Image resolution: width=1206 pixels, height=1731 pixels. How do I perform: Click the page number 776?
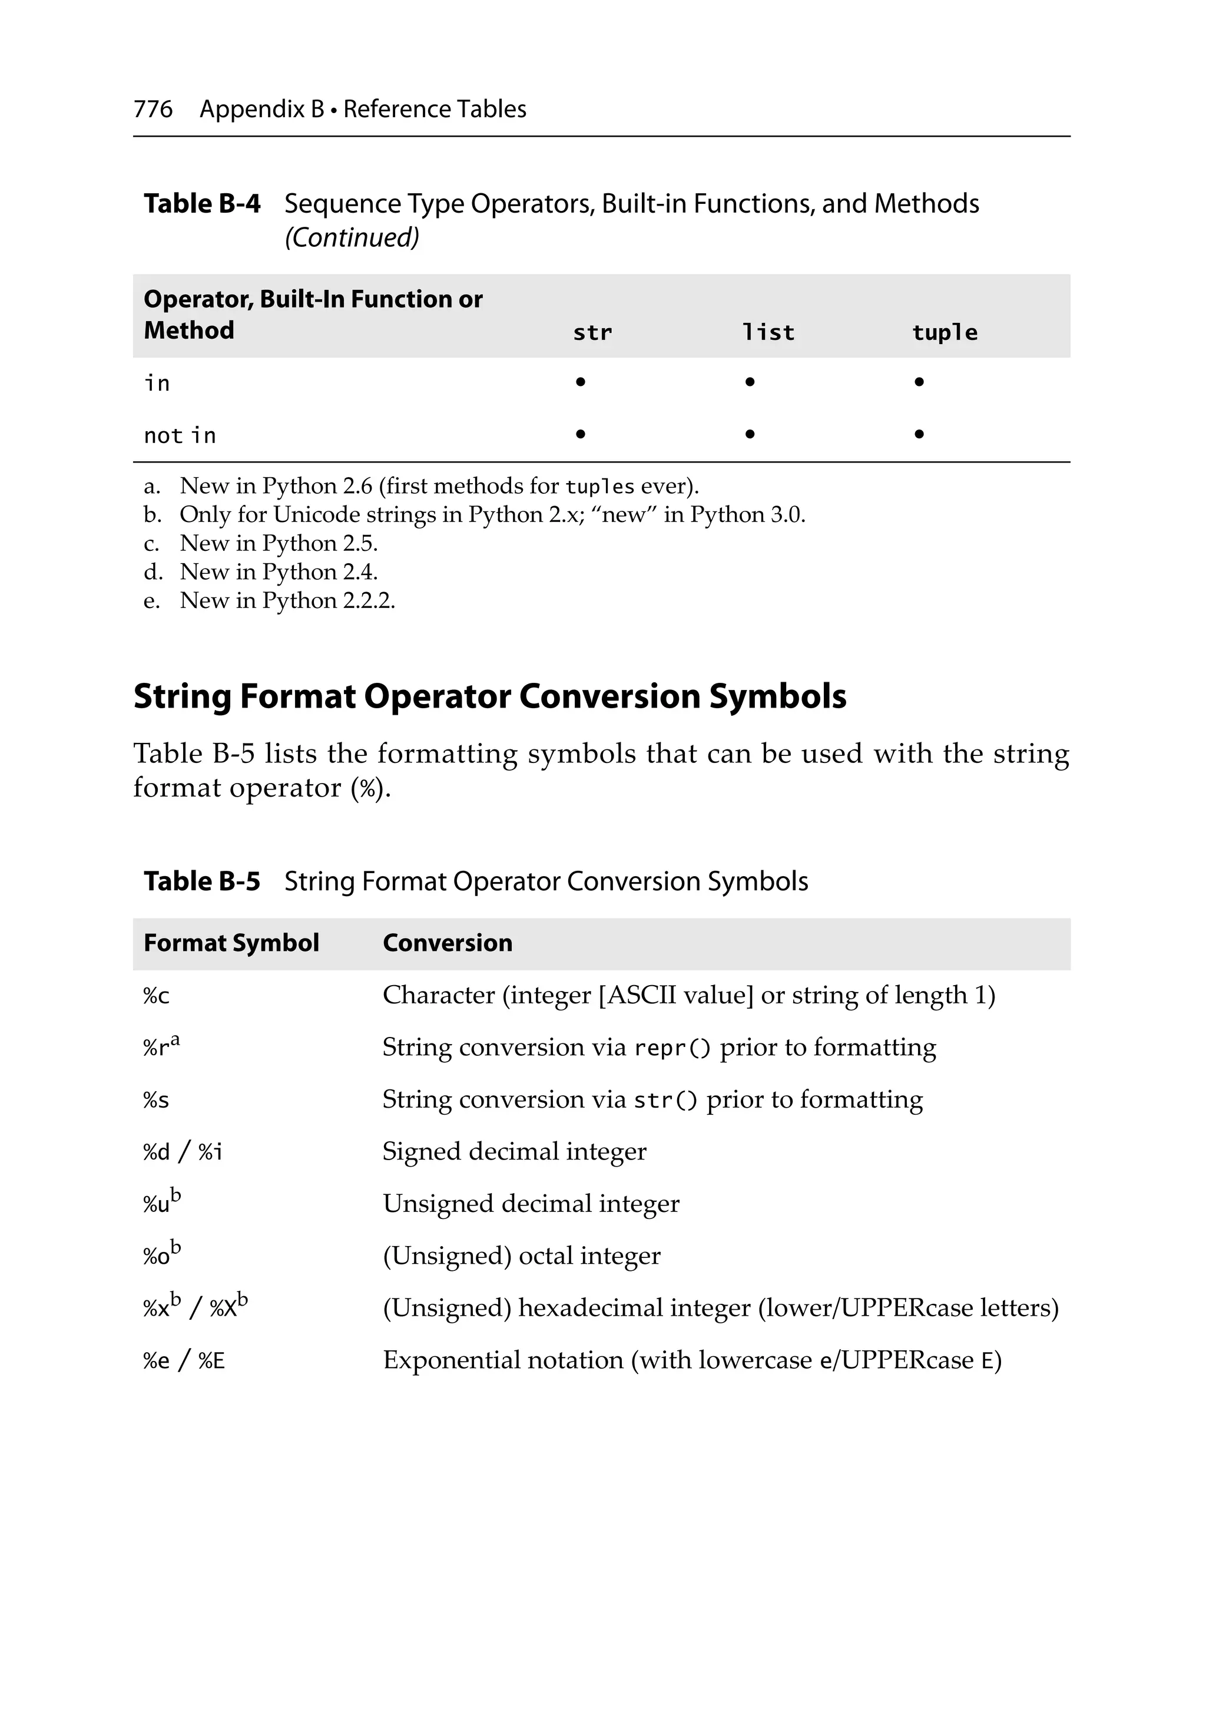pyautogui.click(x=153, y=110)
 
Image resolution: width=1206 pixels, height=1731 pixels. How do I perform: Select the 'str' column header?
pyautogui.click(x=592, y=332)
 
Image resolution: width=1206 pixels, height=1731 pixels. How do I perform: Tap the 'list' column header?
pyautogui.click(x=767, y=332)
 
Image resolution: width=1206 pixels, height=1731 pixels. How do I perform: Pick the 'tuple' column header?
pyautogui.click(x=944, y=332)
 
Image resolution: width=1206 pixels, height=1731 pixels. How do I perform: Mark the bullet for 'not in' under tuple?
pyautogui.click(x=918, y=434)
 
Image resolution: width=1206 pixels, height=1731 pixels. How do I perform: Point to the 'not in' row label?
pyautogui.click(x=180, y=436)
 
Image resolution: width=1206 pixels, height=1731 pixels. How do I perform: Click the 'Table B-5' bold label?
pyautogui.click(x=201, y=881)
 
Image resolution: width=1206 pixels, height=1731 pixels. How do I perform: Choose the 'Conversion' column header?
pyautogui.click(x=447, y=943)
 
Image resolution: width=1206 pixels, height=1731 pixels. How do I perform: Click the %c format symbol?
pyautogui.click(x=156, y=996)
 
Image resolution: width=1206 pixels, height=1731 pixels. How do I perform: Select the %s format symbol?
pyautogui.click(x=156, y=1101)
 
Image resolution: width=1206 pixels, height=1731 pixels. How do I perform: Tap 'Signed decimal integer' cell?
pyautogui.click(x=514, y=1151)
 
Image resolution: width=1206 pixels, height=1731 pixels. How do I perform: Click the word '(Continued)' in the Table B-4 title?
pyautogui.click(x=351, y=237)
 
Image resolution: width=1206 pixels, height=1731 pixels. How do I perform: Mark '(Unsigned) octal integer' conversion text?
pyautogui.click(x=522, y=1256)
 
